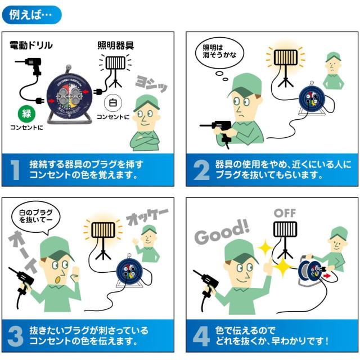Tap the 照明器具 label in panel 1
[x=115, y=45]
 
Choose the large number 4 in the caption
[x=201, y=335]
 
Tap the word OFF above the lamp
[x=285, y=213]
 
